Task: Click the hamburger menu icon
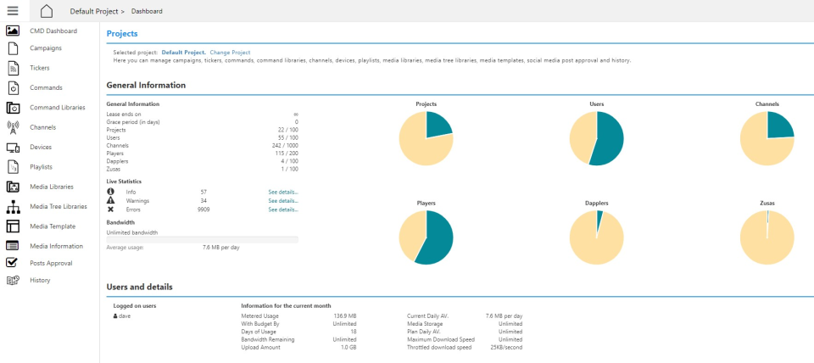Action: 13,10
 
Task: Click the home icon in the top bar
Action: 47,11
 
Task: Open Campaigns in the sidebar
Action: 45,47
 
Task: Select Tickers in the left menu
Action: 39,67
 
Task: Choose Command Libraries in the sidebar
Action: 57,108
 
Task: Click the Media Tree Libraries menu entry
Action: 58,206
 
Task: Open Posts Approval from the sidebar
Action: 49,263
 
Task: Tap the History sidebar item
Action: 40,280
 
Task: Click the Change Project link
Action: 230,53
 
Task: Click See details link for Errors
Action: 283,209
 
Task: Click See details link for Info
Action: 283,193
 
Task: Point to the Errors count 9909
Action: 203,209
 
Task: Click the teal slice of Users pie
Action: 609,140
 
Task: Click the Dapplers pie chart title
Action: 596,204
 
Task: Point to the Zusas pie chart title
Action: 767,204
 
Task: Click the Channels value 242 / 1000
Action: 284,145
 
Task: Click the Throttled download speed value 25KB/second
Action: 506,347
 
